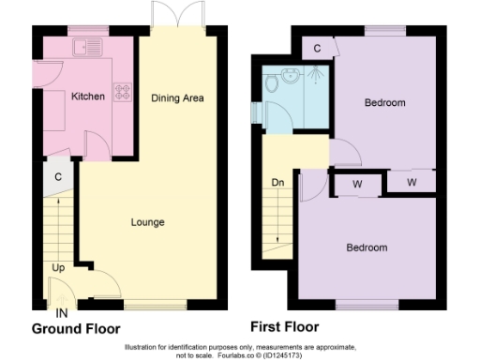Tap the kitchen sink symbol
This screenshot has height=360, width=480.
tap(89, 45)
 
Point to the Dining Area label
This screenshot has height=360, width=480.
tap(177, 97)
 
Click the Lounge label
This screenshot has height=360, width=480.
tap(147, 222)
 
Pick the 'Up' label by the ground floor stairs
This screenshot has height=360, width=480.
tap(58, 268)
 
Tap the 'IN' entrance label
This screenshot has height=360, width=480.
tap(61, 311)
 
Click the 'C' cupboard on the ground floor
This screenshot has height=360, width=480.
tap(57, 176)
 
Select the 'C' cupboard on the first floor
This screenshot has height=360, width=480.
tap(318, 48)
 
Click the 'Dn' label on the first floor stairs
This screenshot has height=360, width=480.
tap(277, 182)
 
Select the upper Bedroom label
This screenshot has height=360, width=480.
tap(385, 102)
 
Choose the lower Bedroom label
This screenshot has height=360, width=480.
tap(367, 247)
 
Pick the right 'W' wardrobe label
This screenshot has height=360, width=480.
tap(412, 180)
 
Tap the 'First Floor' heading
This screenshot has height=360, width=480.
tap(284, 327)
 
